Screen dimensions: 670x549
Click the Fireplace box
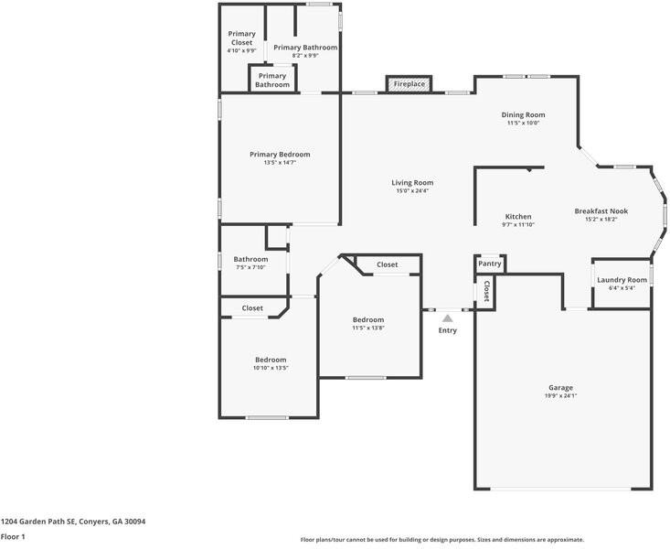409,84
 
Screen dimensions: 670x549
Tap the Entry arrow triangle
447,318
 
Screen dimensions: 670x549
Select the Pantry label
490,264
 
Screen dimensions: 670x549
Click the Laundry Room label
622,280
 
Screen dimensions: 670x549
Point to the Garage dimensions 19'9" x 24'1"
560,396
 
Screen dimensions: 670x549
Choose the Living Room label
412,183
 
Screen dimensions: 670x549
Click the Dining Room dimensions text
524,123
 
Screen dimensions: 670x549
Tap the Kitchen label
518,217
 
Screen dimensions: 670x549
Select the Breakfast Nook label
601,211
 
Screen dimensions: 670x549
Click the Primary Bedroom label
280,155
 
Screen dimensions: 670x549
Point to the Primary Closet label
242,38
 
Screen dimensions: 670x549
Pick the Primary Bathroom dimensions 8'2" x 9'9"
305,55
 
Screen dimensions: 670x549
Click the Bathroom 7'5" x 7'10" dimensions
250,267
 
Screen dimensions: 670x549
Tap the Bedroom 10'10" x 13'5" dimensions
271,368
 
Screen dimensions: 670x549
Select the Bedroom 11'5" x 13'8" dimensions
368,328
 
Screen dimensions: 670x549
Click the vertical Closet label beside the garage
486,291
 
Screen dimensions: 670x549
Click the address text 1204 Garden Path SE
38,522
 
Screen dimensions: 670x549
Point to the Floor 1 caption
13,536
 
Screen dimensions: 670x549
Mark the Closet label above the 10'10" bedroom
252,308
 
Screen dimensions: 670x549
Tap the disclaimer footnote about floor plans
441,540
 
